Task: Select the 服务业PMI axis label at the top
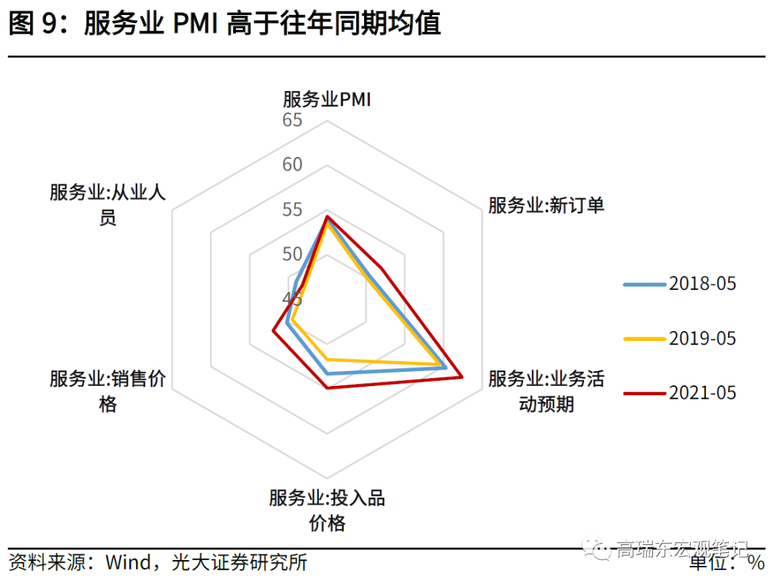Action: coord(326,99)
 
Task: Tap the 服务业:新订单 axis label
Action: coord(546,206)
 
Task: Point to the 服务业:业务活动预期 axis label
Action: coord(546,391)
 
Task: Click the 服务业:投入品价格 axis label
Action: coord(327,510)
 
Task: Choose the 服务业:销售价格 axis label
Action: coord(107,391)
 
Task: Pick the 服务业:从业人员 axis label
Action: coord(107,206)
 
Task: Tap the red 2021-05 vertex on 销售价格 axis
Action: coord(273,330)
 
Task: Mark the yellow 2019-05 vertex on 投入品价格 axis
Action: coord(327,359)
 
